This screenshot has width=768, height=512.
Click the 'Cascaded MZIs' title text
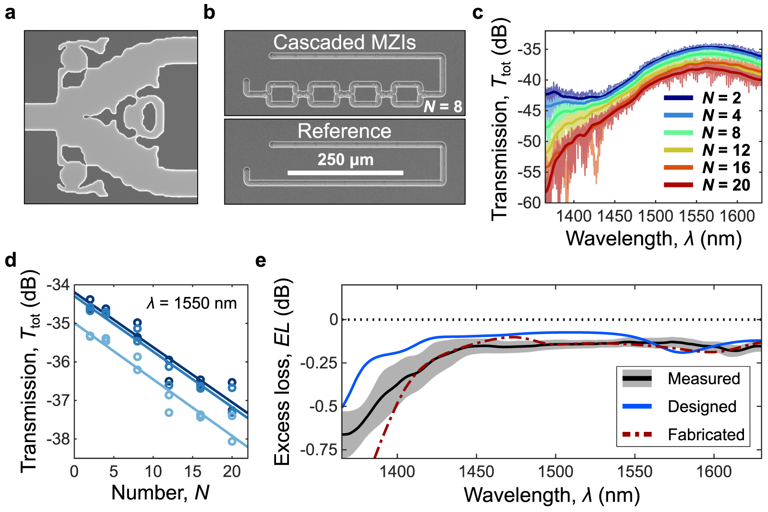tap(344, 42)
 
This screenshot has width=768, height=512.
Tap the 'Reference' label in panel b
tap(344, 131)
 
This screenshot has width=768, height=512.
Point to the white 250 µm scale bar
tap(345, 173)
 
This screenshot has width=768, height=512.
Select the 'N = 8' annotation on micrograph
tap(443, 106)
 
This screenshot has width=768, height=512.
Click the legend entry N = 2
tap(721, 98)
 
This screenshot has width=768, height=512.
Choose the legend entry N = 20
tap(726, 185)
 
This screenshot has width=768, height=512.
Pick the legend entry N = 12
tap(726, 150)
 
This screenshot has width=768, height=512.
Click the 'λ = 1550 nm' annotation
tap(191, 303)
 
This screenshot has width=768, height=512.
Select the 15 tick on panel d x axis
tap(193, 471)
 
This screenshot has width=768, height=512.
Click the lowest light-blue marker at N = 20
tap(232, 441)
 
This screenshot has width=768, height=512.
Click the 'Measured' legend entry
tap(703, 378)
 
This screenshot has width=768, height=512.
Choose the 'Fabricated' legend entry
tap(706, 435)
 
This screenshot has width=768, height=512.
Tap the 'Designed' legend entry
tap(702, 406)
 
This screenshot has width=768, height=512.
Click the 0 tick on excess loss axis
tap(333, 319)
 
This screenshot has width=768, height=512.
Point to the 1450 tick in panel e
tap(476, 471)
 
